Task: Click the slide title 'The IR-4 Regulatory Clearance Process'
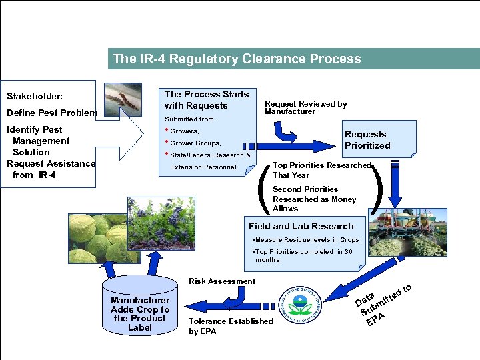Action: coord(237,59)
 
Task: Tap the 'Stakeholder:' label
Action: coord(35,97)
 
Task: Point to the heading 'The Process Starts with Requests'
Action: coord(206,100)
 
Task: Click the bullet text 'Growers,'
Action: coord(185,131)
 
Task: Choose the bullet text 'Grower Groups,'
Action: coord(195,143)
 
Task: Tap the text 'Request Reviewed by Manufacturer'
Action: coord(306,107)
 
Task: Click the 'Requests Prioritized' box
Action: coord(367,140)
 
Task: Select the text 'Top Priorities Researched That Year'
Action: coord(321,170)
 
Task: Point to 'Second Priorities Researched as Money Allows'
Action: coord(314,199)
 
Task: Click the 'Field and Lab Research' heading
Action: coord(301,226)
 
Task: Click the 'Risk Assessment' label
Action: coord(222,281)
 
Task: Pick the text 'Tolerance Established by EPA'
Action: coord(231,326)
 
